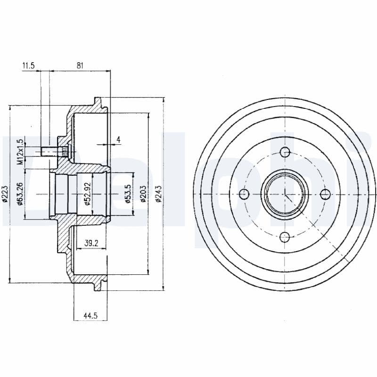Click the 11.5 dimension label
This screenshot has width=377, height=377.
[28, 66]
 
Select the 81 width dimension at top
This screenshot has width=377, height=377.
[80, 66]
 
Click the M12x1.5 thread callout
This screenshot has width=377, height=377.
[20, 151]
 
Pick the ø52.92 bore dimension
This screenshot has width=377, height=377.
[88, 194]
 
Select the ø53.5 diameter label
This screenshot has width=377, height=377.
[128, 194]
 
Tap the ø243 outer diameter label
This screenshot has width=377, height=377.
[159, 194]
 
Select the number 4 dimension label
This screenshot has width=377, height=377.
[119, 139]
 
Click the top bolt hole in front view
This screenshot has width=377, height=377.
[285, 152]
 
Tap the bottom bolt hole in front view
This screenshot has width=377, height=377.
[285, 236]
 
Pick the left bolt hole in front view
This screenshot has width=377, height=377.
[243, 194]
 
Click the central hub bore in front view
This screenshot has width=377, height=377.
[285, 194]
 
